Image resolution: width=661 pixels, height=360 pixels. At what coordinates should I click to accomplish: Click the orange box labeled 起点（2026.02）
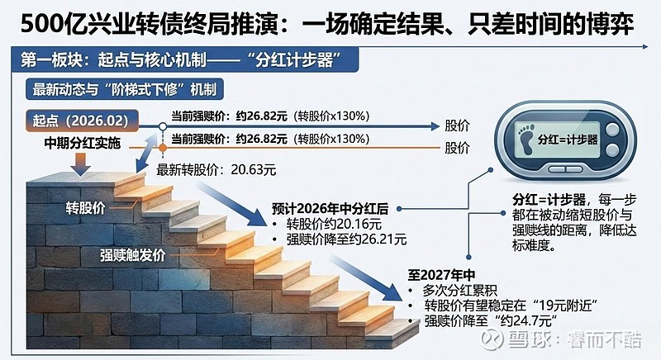82,121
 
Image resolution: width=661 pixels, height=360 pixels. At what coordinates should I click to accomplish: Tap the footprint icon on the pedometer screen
526,139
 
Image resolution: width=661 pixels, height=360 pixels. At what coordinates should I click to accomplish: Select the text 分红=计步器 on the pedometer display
568,140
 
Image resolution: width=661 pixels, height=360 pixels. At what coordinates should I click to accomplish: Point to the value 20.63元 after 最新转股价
254,170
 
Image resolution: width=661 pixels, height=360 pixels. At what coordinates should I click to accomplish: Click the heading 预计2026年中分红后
330,209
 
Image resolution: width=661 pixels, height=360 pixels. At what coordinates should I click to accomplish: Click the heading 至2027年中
441,275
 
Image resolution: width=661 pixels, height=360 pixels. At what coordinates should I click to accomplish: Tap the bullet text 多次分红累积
460,290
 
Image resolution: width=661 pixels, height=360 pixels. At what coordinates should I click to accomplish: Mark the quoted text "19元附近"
565,306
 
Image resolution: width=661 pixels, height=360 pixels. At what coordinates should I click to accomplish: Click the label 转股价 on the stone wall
86,207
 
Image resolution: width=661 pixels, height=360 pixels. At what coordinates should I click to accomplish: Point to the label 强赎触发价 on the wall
132,255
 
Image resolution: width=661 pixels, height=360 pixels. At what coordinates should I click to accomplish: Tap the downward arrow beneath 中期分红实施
80,164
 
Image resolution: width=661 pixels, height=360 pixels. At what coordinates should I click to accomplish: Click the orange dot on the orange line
163,148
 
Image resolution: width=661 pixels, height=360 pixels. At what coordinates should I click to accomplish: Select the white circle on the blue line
163,126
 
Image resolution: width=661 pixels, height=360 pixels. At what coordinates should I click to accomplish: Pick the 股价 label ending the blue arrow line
457,126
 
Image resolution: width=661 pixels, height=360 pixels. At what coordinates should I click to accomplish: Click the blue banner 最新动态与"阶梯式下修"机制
125,90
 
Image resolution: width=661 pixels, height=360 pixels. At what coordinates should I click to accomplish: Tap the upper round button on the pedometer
612,130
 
